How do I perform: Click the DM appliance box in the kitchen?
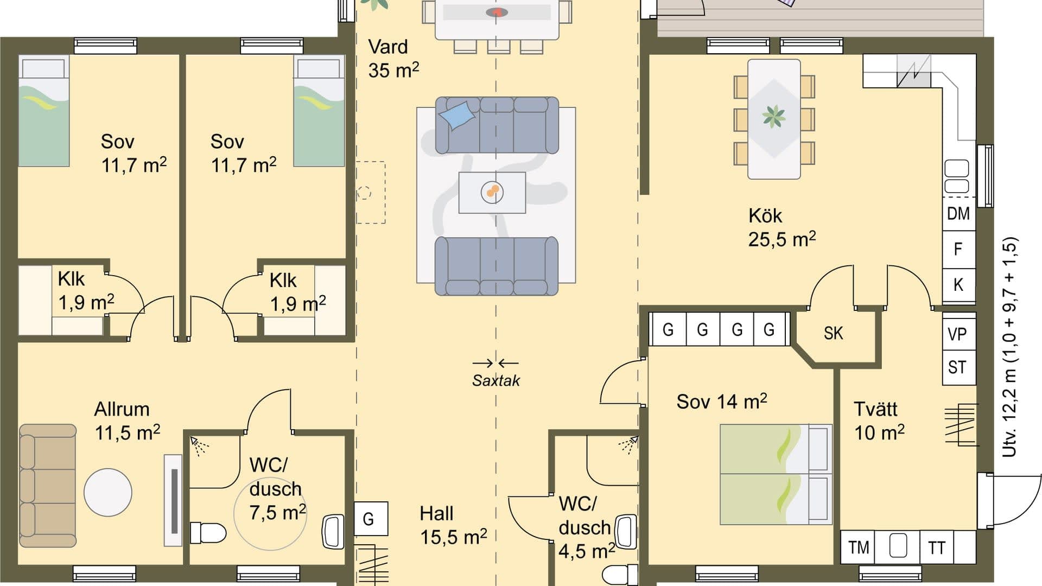958,214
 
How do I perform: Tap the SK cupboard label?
834,333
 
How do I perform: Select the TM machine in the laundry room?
859,547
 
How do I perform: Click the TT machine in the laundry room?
937,547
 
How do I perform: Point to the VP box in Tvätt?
958,334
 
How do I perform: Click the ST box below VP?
958,367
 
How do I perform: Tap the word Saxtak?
495,380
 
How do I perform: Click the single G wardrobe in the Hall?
369,519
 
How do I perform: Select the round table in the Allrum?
108,492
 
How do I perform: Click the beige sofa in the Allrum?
47,486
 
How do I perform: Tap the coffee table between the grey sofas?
492,192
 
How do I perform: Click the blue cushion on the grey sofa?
456,116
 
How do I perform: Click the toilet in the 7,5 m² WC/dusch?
208,533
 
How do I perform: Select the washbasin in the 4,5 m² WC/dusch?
626,532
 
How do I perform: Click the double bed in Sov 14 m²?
776,474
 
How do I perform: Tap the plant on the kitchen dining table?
774,117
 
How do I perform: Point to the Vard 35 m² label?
393,59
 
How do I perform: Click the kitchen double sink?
957,177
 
